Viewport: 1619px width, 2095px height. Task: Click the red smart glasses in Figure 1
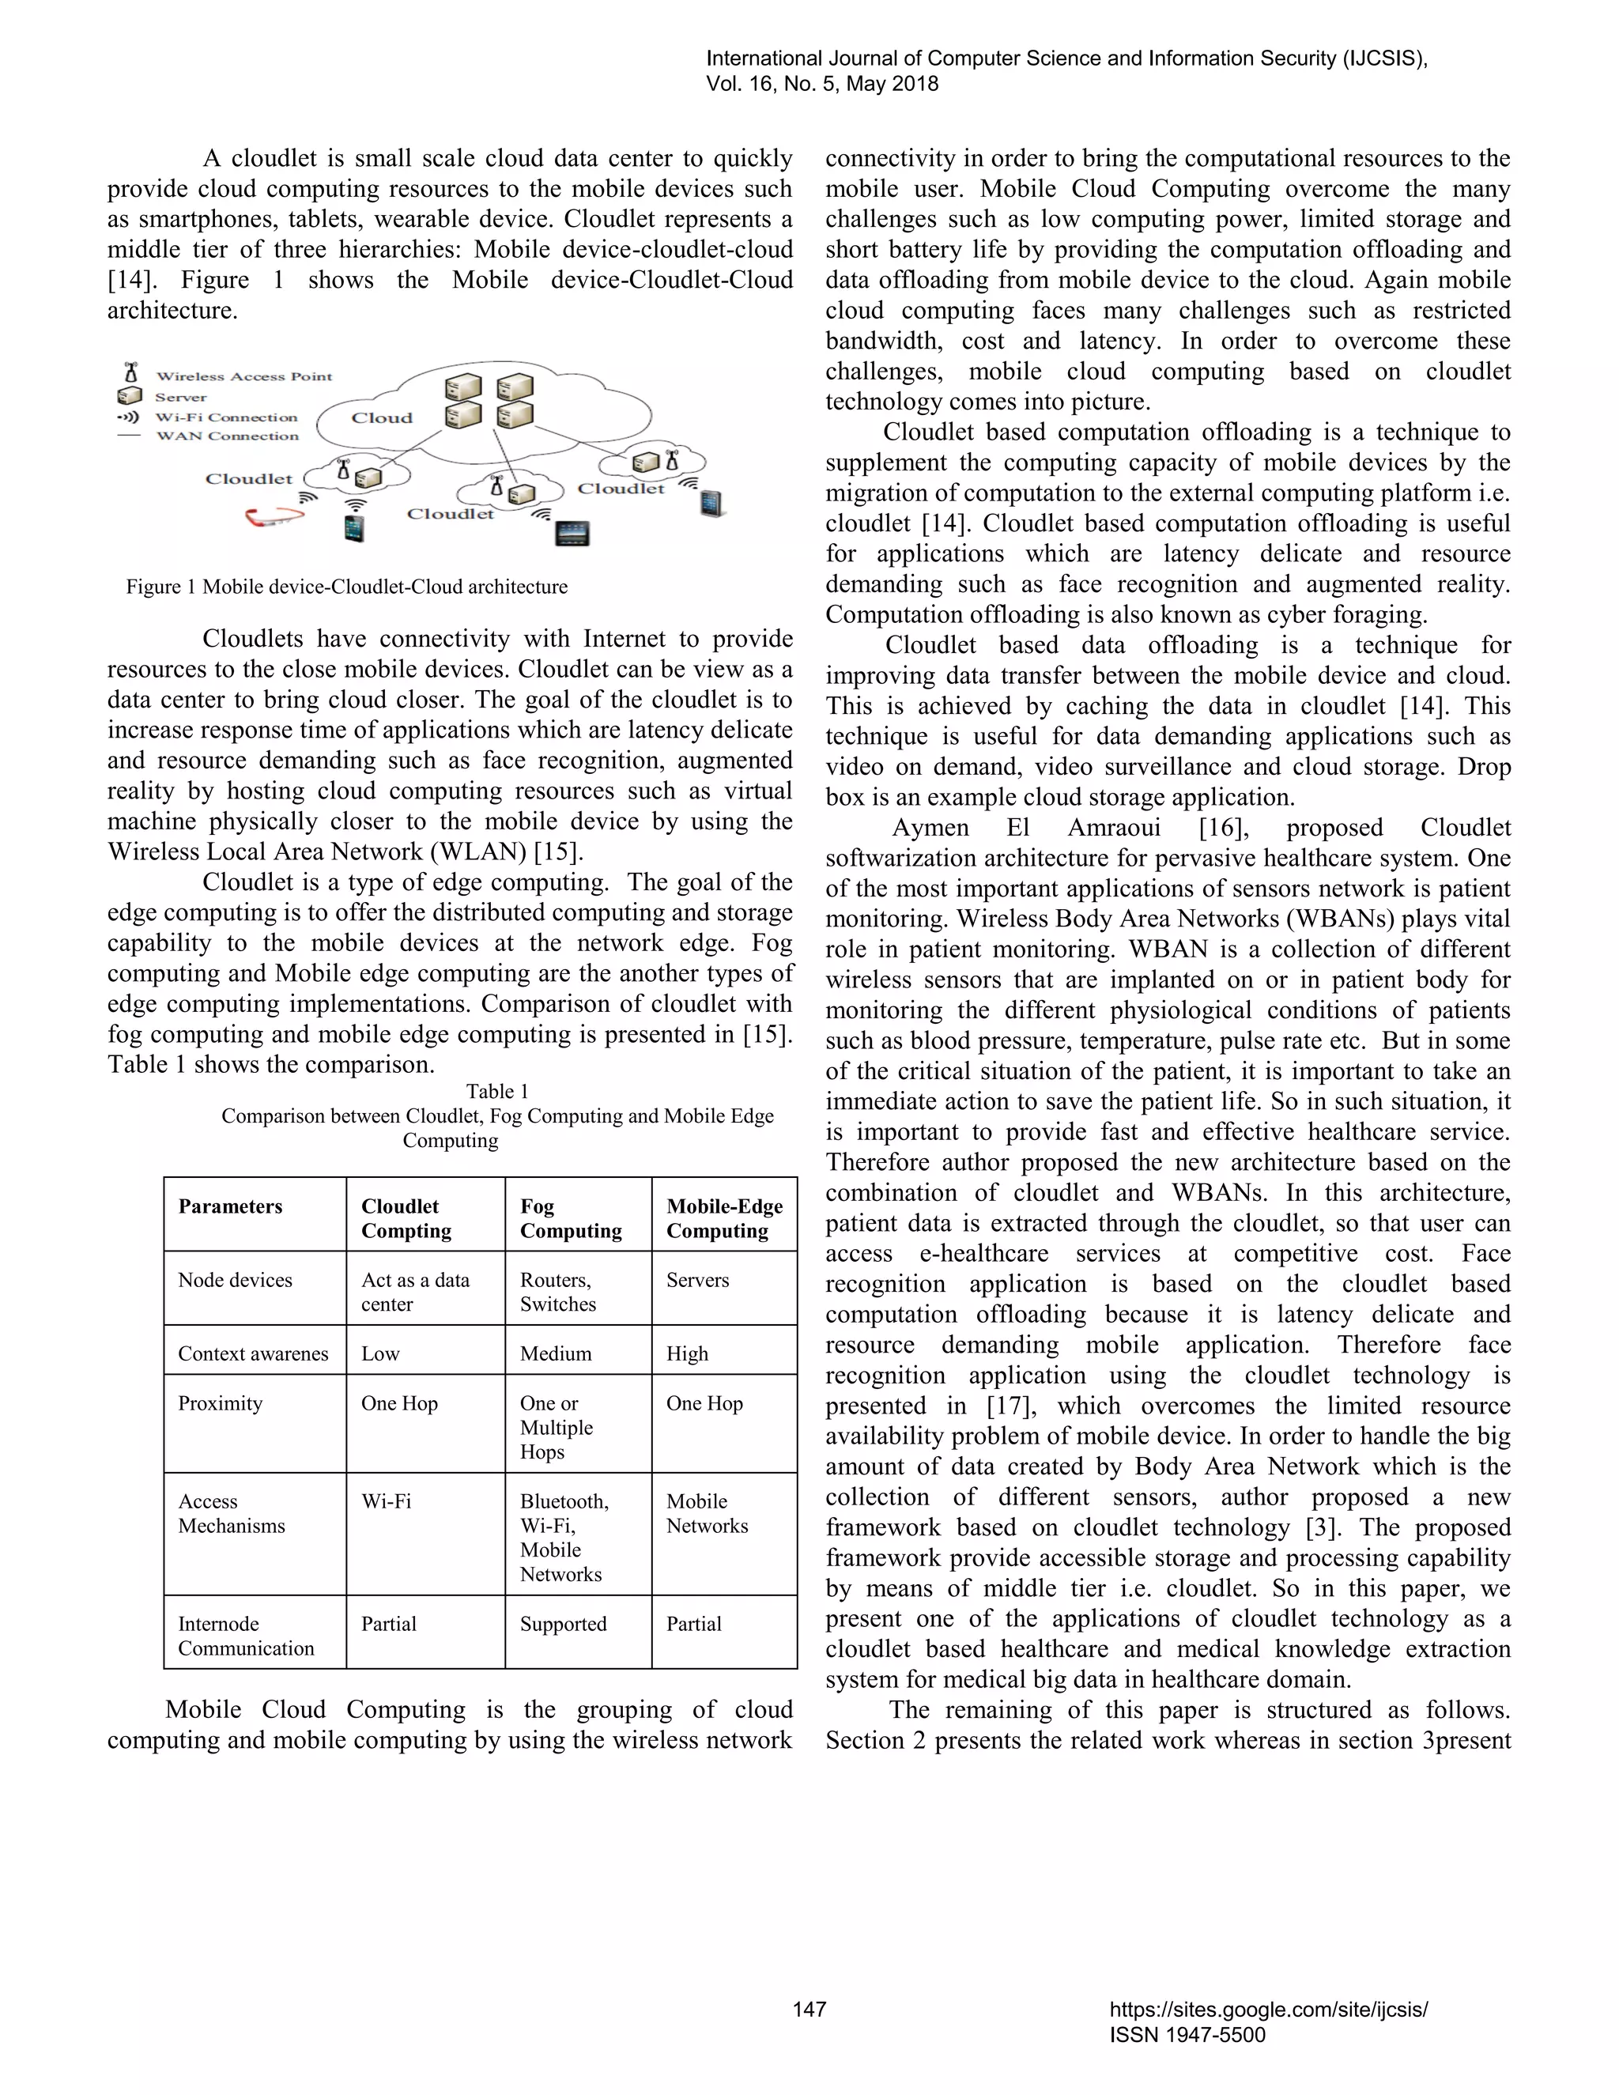pyautogui.click(x=274, y=519)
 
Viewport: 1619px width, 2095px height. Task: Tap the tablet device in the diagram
pyautogui.click(x=572, y=534)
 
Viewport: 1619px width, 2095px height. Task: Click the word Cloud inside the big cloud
pyautogui.click(x=382, y=418)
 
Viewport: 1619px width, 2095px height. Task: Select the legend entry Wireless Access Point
pyautogui.click(x=243, y=376)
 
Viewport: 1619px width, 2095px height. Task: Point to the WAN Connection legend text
pyautogui.click(x=228, y=436)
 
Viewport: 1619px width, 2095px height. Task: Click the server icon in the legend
pyautogui.click(x=130, y=396)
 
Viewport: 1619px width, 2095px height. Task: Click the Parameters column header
pyautogui.click(x=230, y=1206)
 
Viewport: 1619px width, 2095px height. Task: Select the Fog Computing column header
pyautogui.click(x=571, y=1218)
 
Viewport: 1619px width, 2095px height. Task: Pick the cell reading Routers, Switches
pyautogui.click(x=557, y=1291)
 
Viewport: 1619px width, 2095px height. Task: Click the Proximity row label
pyautogui.click(x=220, y=1403)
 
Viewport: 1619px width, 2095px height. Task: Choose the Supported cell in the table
pyautogui.click(x=563, y=1624)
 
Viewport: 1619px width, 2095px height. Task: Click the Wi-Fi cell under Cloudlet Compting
pyautogui.click(x=386, y=1501)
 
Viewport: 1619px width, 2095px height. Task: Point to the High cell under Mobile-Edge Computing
pyautogui.click(x=687, y=1353)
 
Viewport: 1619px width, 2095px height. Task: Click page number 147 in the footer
pyautogui.click(x=809, y=2009)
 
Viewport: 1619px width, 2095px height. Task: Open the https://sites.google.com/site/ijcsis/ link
pyautogui.click(x=1268, y=2009)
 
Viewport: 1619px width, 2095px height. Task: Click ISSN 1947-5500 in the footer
pyautogui.click(x=1187, y=2035)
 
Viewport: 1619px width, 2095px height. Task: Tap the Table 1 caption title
pyautogui.click(x=496, y=1092)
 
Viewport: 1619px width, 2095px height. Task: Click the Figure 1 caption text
pyautogui.click(x=346, y=587)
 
